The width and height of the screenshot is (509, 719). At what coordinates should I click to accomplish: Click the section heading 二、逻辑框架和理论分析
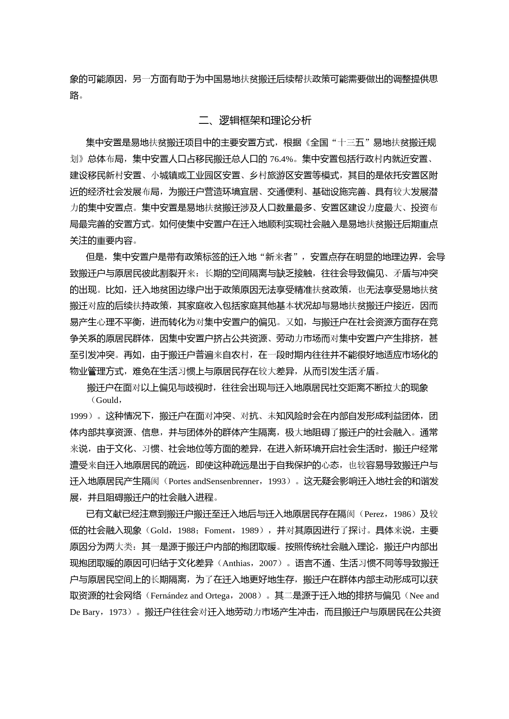point(254,121)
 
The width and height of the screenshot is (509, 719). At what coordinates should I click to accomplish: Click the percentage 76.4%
point(281,159)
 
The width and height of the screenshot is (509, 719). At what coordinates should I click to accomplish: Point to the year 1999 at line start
point(78,416)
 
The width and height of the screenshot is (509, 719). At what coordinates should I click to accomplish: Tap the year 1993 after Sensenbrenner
point(277,481)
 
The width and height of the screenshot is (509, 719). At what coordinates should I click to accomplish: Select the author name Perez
point(374,514)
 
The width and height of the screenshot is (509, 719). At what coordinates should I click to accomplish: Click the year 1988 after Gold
point(186,530)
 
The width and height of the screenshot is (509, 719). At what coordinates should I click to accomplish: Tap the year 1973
point(118,612)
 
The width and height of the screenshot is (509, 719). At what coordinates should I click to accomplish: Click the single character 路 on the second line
point(74,96)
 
